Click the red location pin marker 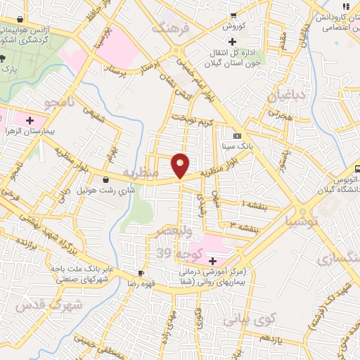[180, 165]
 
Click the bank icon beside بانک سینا [237, 136]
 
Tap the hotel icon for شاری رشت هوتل [105, 179]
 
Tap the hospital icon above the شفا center [212, 261]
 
